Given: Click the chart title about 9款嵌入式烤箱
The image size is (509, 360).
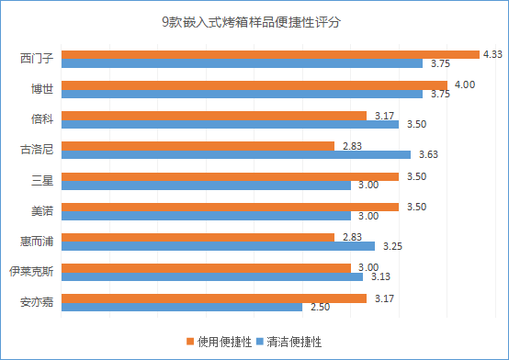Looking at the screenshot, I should (x=254, y=21).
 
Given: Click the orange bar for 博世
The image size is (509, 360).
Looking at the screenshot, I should (x=254, y=84).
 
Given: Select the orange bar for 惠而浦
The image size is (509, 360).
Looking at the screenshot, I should (x=198, y=237).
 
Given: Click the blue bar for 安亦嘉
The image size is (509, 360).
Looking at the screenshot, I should (x=181, y=307).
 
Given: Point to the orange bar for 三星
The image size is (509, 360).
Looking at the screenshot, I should (x=230, y=175).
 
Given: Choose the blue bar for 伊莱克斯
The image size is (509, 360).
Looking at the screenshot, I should (x=211, y=276).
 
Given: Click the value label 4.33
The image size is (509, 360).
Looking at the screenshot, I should (x=492, y=54).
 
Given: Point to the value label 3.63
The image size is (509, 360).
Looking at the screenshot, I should (x=428, y=155).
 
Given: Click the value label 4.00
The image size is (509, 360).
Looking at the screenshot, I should (x=465, y=84).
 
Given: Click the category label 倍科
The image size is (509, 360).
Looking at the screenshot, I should (x=41, y=119).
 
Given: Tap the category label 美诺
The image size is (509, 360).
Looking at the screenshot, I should (x=41, y=210).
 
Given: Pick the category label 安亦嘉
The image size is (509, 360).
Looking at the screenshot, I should (x=36, y=302).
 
